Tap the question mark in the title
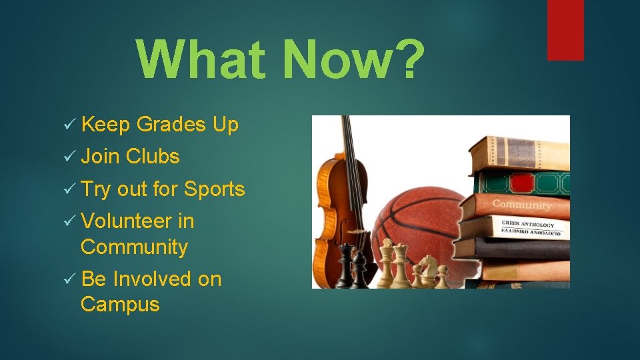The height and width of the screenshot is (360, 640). (x=405, y=59)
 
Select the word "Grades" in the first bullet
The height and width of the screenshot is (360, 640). (x=171, y=125)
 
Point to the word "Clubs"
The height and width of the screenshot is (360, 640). (x=153, y=157)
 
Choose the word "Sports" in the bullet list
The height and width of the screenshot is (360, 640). (x=215, y=189)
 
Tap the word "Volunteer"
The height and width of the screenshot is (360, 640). (x=126, y=221)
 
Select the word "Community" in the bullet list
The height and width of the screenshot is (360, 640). (x=134, y=247)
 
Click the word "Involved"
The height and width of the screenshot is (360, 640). (x=152, y=279)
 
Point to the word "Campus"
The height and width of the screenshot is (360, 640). (x=120, y=305)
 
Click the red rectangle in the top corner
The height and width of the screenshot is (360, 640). (x=565, y=30)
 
